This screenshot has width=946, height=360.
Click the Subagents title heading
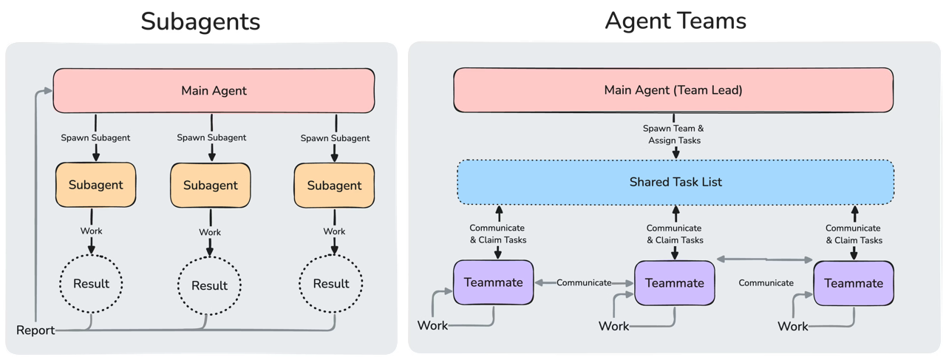[x=200, y=21]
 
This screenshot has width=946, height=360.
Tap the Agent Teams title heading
[x=675, y=21]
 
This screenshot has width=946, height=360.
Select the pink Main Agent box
[x=214, y=91]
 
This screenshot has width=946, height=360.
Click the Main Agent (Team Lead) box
[x=673, y=90]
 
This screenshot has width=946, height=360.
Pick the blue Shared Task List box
[x=676, y=182]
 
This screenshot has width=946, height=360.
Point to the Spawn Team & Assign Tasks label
[x=673, y=134]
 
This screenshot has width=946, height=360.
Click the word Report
[x=35, y=330]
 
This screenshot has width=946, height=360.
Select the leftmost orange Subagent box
[x=91, y=185]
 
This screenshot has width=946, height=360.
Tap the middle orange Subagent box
[x=211, y=186]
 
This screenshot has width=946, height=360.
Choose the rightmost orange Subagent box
[x=334, y=186]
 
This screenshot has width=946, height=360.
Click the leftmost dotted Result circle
[x=91, y=283]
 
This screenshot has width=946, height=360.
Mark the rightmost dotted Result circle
[x=330, y=284]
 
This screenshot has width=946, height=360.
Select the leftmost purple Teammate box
[x=493, y=282]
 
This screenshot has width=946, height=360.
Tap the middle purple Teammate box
[x=674, y=283]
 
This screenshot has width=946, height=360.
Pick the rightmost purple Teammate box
[x=853, y=283]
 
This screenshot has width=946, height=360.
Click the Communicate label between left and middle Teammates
[x=584, y=282]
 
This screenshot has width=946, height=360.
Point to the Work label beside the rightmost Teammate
[x=793, y=326]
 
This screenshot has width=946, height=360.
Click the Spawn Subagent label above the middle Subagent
[x=211, y=137]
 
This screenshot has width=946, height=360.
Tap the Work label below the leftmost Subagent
[x=91, y=231]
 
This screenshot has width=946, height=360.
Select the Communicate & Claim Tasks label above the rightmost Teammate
[x=853, y=234]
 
